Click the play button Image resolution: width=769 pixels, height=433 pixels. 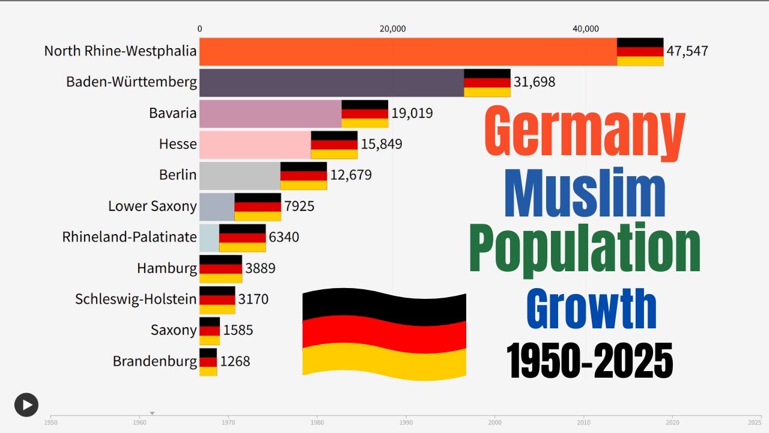coord(26,405)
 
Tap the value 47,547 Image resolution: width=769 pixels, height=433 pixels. coord(687,51)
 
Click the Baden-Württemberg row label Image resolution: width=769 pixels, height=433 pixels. coord(132,82)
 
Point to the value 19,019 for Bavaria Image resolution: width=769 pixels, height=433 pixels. coord(412,113)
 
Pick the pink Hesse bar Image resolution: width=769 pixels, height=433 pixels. coord(255,144)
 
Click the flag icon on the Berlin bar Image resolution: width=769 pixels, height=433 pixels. coord(303,176)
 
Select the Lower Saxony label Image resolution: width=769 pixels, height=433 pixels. coord(152,206)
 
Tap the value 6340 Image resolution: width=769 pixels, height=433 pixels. coord(284,238)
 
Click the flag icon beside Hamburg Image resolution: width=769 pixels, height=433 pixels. coord(220,269)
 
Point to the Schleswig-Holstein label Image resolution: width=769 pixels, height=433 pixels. coord(136,299)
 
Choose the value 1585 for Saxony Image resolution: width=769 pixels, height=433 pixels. coord(238,330)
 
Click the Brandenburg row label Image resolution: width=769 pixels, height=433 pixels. coord(154,361)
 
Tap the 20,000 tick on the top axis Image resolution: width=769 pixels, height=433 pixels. coord(393,29)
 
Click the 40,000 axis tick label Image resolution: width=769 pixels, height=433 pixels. coord(586,29)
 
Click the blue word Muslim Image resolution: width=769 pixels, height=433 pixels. coord(585,195)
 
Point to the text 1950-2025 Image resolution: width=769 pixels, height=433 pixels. coord(589,361)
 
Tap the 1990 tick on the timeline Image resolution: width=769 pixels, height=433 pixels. coord(406,422)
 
